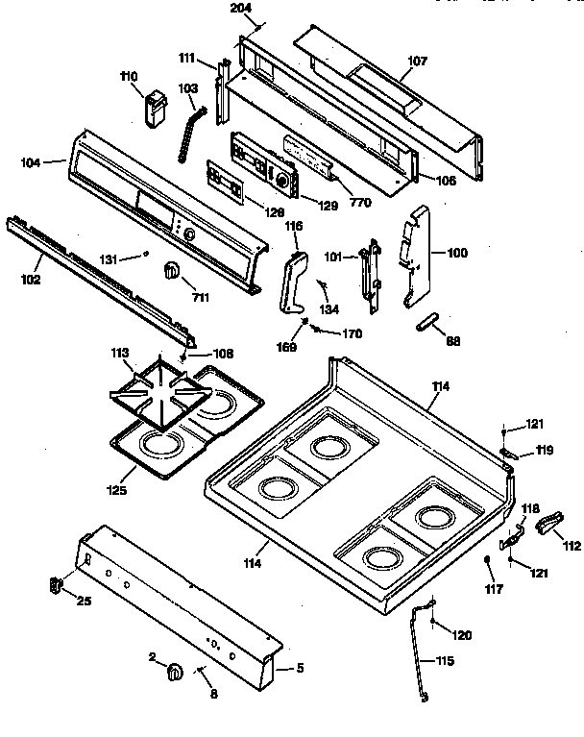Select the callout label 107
tap(416, 62)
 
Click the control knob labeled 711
tap(171, 271)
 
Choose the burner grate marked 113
tap(154, 389)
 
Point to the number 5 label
tap(299, 668)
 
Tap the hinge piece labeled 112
tap(547, 523)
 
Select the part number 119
tap(545, 449)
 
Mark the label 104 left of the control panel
tap(30, 163)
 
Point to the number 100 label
tap(457, 253)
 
